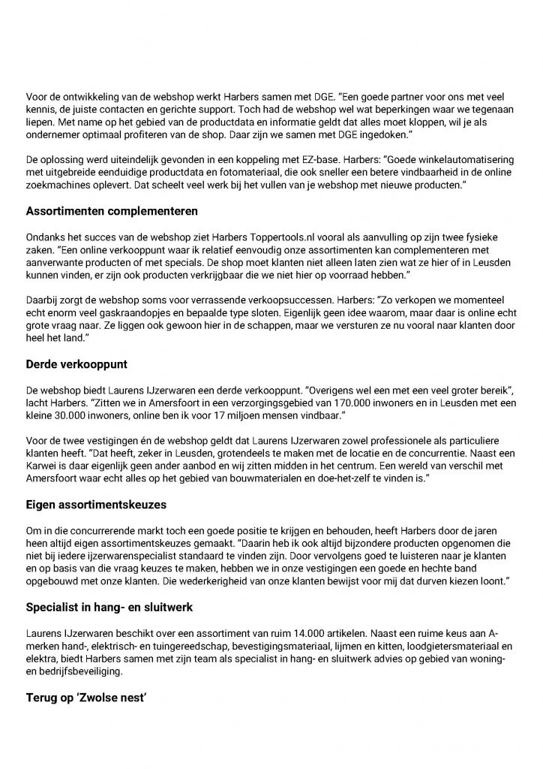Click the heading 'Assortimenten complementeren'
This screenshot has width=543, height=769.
101,211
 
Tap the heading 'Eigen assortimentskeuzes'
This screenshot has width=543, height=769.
91,506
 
